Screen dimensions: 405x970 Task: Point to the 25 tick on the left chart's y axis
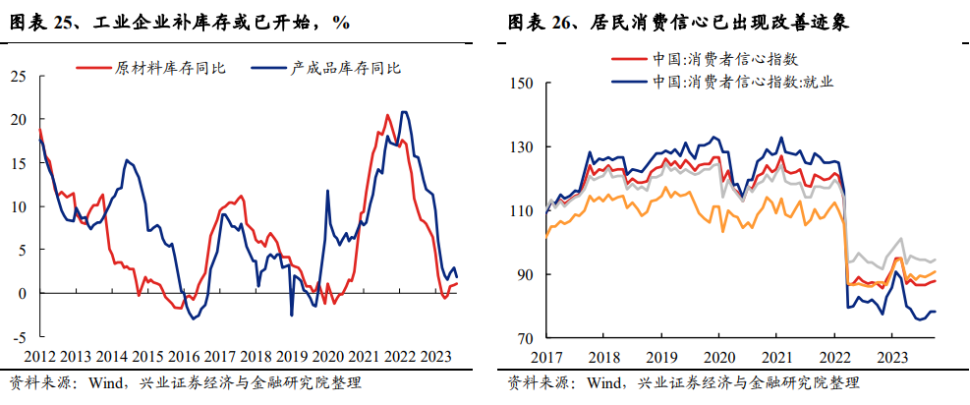coord(19,76)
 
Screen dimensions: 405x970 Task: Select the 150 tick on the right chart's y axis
coord(519,84)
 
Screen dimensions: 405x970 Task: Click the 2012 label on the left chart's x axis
coord(40,357)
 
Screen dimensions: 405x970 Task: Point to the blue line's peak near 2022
coord(403,112)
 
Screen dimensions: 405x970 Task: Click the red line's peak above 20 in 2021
coord(386,115)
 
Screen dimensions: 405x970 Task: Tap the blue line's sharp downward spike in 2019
coord(291,315)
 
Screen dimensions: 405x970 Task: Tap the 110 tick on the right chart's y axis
coord(519,211)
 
